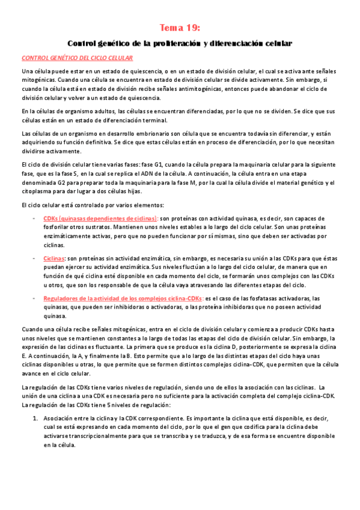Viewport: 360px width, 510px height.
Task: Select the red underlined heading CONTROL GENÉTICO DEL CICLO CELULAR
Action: [x=77, y=58]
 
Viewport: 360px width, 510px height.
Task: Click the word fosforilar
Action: [x=59, y=229]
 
